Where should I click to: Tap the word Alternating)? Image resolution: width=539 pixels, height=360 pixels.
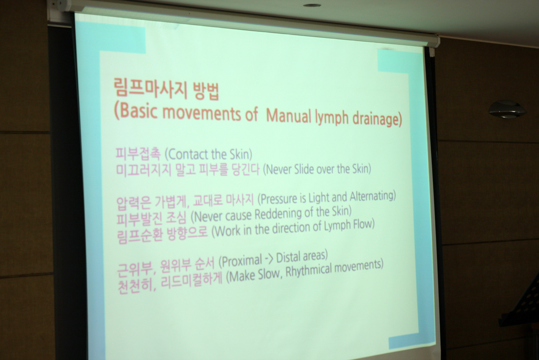coord(372,196)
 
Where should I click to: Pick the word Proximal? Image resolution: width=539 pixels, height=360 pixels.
coord(240,261)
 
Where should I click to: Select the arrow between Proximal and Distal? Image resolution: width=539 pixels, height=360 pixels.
coord(269,260)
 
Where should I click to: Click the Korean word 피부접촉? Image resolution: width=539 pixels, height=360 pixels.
coord(138,154)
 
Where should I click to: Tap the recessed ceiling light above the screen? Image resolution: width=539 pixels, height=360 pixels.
coord(312,5)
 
